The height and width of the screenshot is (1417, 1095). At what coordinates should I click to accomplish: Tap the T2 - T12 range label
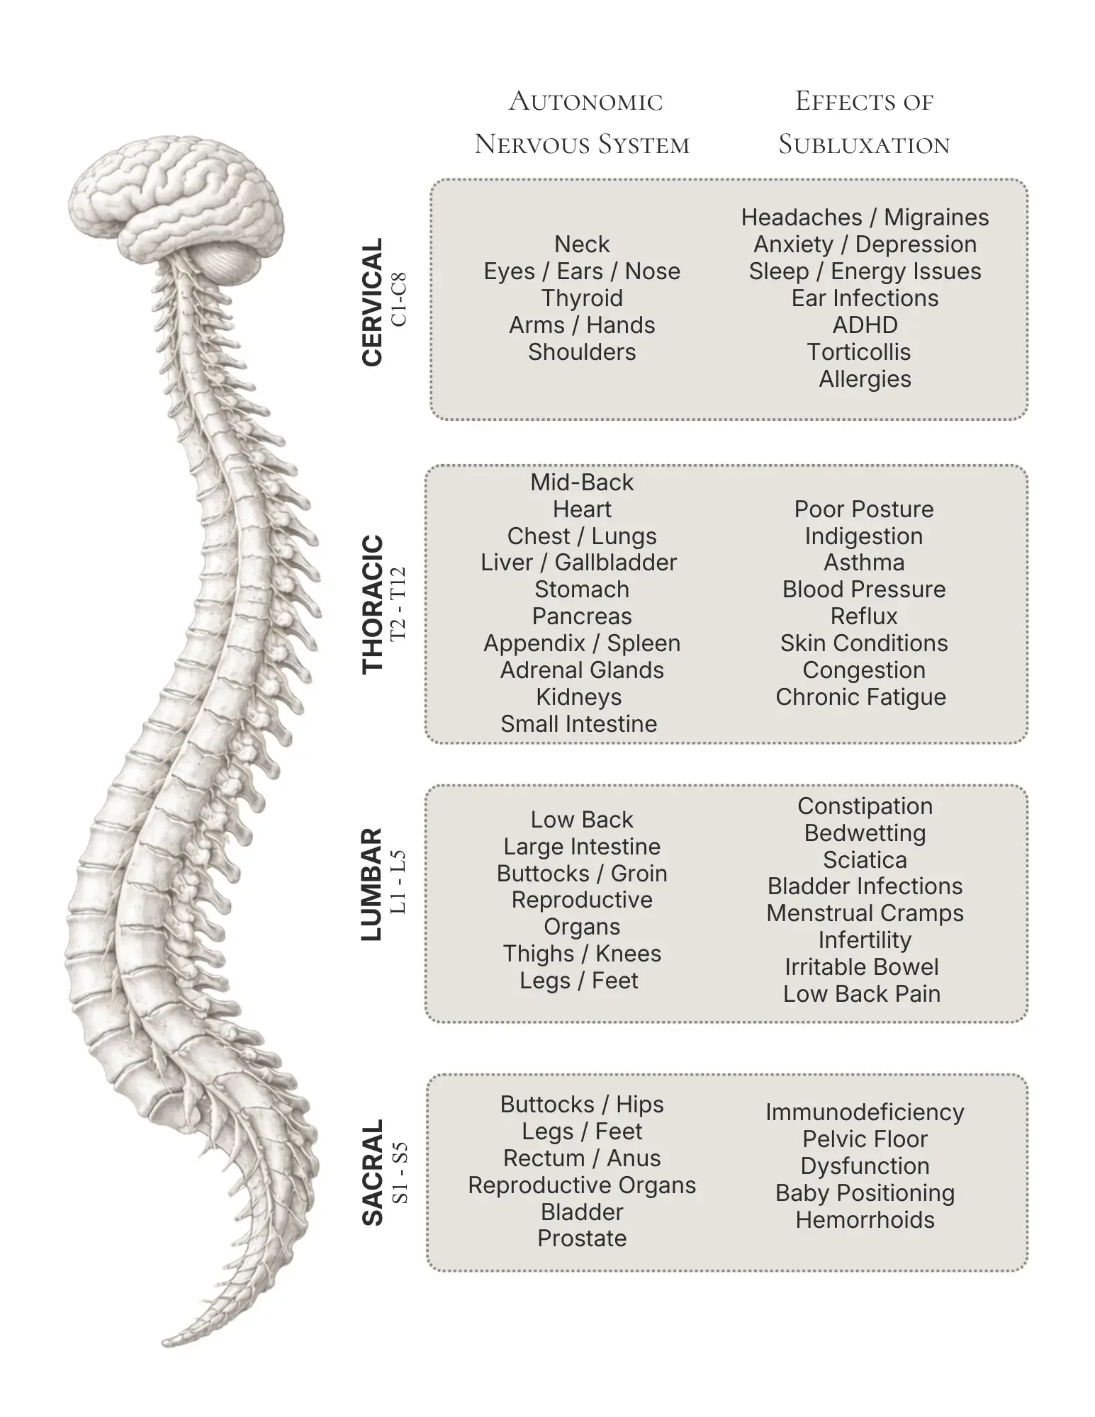click(399, 603)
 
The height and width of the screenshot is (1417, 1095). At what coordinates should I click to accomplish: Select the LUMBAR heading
click(371, 884)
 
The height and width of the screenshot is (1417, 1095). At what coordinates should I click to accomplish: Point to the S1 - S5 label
click(400, 1172)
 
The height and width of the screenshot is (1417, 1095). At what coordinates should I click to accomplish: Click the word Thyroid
click(582, 298)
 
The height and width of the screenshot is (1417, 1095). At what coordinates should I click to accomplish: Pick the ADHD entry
click(865, 325)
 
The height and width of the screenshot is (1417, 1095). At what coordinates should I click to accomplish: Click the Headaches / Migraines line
click(865, 218)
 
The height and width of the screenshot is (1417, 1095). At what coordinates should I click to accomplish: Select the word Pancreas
click(582, 616)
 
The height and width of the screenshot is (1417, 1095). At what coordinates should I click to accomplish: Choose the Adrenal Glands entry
click(582, 670)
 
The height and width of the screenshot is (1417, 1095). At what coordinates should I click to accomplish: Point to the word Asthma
click(864, 563)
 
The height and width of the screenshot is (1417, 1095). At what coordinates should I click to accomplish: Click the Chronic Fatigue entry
click(860, 697)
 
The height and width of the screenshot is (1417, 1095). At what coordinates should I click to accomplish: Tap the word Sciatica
click(865, 860)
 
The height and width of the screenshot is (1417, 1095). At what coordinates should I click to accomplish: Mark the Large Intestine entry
click(582, 847)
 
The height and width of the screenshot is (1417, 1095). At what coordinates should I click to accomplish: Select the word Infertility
click(865, 940)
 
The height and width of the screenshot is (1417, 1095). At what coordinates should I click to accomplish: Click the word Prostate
click(582, 1238)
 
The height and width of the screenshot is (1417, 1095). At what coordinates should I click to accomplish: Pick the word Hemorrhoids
click(865, 1220)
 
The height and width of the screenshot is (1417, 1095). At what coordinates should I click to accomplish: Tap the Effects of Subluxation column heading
click(864, 123)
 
